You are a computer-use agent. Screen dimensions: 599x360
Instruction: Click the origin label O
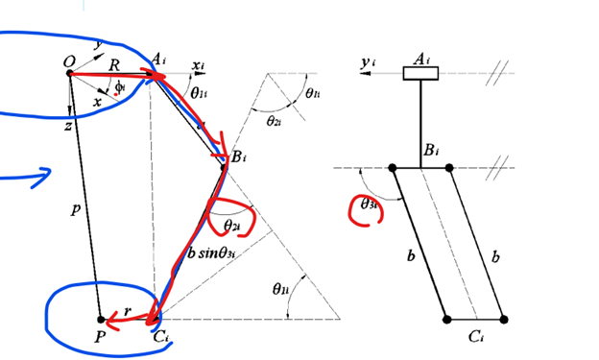[69, 61]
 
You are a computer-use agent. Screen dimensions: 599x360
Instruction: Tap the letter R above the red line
[114, 65]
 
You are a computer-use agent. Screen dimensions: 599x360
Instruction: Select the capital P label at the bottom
[100, 337]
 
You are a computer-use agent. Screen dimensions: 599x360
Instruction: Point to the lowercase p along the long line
[76, 209]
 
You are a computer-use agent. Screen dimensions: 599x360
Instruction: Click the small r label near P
[128, 311]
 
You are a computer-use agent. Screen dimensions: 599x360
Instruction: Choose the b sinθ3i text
[211, 253]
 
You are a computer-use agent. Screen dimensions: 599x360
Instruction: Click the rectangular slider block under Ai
[420, 73]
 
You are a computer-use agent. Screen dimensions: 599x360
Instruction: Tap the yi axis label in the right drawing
[368, 61]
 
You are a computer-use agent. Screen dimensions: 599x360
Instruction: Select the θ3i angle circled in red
[369, 204]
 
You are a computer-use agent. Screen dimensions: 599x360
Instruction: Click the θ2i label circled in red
[232, 225]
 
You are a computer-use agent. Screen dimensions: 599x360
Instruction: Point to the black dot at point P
[101, 320]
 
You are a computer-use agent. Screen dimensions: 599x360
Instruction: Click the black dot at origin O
[69, 73]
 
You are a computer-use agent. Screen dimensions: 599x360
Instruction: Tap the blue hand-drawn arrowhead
[42, 177]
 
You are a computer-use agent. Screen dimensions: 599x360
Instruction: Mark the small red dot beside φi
[115, 94]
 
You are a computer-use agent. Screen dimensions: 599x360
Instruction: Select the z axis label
[68, 126]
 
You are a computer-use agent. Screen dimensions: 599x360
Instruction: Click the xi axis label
[198, 65]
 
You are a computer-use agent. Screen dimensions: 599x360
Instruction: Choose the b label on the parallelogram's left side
[411, 255]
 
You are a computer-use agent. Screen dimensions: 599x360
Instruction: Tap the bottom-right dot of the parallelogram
[504, 320]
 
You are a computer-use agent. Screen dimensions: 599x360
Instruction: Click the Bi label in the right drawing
[431, 150]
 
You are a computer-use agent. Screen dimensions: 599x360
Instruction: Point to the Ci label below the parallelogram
[476, 337]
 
